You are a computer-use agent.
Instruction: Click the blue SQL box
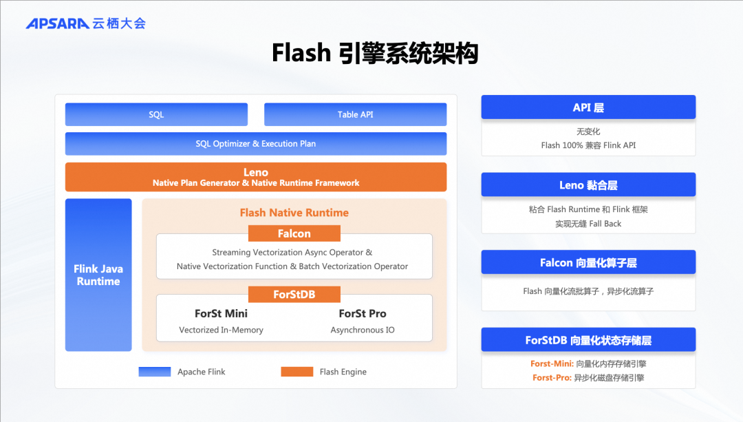(156, 114)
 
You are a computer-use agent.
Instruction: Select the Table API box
(355, 114)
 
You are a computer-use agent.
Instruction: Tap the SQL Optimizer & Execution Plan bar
(255, 144)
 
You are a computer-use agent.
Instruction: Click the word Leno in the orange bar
(255, 172)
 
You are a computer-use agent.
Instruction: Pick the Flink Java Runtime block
(98, 275)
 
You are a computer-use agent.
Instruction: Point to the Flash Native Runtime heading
(294, 213)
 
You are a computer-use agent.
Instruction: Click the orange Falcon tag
(294, 233)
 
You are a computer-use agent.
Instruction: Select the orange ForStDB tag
(294, 294)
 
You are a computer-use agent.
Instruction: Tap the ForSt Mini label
(221, 313)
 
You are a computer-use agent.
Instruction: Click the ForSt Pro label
(362, 313)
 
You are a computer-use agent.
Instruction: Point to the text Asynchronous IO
(362, 330)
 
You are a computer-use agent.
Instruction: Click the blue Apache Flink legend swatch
(154, 372)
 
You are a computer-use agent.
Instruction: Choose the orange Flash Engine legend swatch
(297, 372)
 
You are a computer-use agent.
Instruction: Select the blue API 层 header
(588, 107)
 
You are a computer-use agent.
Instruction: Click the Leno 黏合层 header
(588, 184)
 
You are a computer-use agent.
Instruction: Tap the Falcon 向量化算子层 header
(588, 262)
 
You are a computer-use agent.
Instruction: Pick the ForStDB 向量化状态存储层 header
(588, 340)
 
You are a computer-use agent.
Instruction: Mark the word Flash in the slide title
(301, 54)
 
